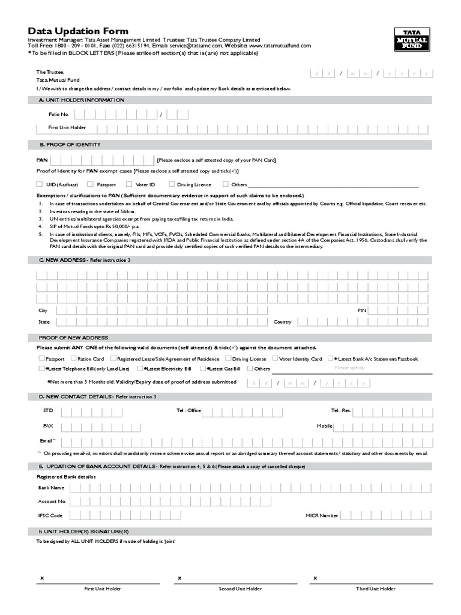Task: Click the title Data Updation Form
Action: coord(78,31)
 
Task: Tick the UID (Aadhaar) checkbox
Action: coord(40,184)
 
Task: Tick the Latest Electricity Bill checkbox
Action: coord(140,368)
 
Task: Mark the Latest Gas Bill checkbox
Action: coord(203,368)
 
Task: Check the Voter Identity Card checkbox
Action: coord(274,359)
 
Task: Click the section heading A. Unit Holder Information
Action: coord(82,100)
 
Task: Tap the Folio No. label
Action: coord(59,114)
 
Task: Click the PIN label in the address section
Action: coord(361,311)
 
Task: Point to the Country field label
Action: coord(282,322)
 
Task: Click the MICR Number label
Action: coord(322,515)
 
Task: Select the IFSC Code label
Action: coord(50,515)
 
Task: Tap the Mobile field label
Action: coord(325,426)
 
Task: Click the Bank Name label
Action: coord(51,488)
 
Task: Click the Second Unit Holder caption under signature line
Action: coord(240,589)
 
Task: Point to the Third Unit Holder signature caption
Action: coord(376,589)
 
